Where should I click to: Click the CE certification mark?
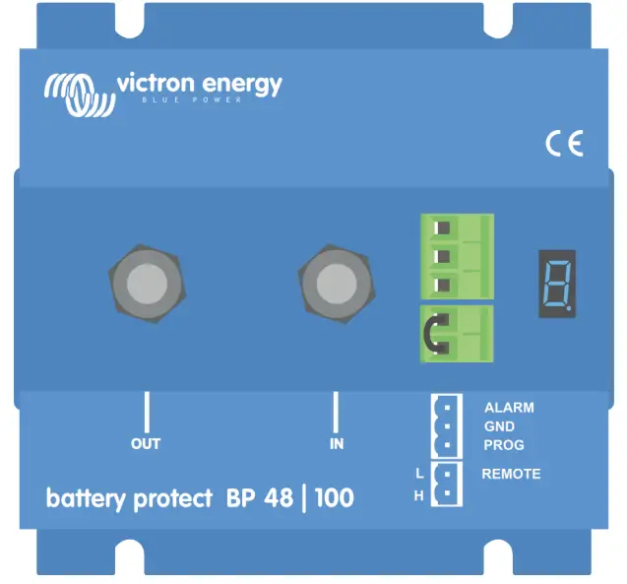tap(564, 144)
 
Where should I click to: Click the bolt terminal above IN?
tap(336, 282)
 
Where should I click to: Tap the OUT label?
tap(145, 444)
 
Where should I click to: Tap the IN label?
tap(337, 444)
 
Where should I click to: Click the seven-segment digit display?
tap(557, 283)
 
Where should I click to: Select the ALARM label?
tap(509, 408)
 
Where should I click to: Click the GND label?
tap(499, 426)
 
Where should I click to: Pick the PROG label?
tap(504, 445)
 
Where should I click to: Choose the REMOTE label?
tap(511, 474)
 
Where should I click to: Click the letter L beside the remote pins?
tap(419, 474)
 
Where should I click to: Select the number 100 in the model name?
tap(335, 498)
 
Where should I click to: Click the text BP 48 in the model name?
tap(259, 498)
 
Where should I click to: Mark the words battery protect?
tap(129, 499)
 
